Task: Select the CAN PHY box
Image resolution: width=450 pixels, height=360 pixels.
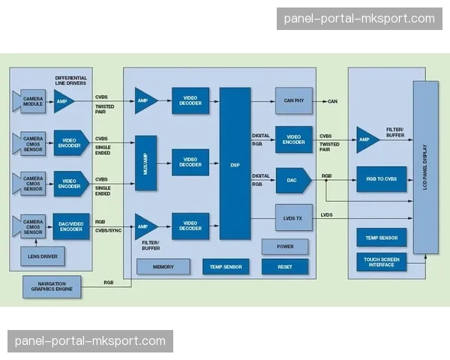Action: point(293,100)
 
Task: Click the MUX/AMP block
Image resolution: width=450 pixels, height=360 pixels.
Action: point(145,163)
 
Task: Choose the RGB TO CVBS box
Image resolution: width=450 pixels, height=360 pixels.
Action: point(381,180)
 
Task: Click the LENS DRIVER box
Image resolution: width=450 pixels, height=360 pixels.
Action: point(42,257)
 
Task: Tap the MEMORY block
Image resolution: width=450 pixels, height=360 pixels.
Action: point(163,266)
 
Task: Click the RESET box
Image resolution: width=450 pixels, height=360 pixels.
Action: point(285,266)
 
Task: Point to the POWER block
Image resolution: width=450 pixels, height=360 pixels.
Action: point(285,247)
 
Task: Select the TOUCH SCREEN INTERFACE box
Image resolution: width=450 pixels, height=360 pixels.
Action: point(381,262)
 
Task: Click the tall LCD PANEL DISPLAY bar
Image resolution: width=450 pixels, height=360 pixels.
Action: point(426,167)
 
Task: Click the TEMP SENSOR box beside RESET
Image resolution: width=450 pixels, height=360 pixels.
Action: point(226,266)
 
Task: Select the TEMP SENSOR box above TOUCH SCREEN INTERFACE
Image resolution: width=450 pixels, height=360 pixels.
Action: point(381,238)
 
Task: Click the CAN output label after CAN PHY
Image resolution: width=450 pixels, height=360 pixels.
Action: point(333,101)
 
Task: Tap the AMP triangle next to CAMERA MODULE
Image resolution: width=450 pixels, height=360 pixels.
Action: point(62,101)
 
